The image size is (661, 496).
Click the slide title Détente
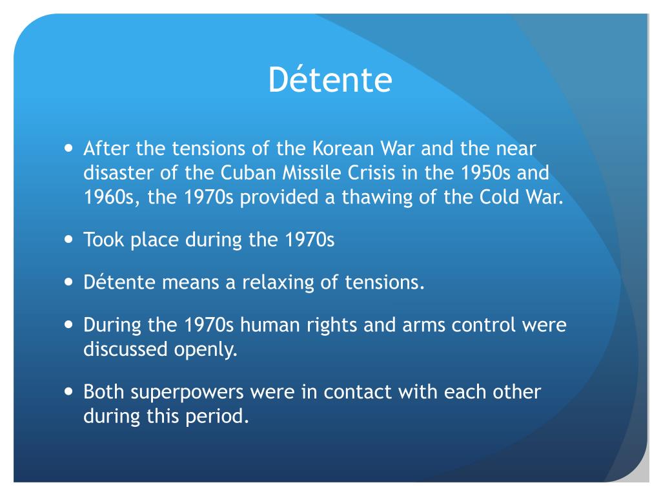[330, 79]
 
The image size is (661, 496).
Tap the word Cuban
[248, 173]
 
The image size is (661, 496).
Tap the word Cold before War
[499, 198]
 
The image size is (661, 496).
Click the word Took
[104, 240]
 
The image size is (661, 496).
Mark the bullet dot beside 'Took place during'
[68, 239]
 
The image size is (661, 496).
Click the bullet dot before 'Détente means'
[68, 282]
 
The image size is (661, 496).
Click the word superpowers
[187, 393]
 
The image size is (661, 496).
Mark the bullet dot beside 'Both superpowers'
[68, 391]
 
